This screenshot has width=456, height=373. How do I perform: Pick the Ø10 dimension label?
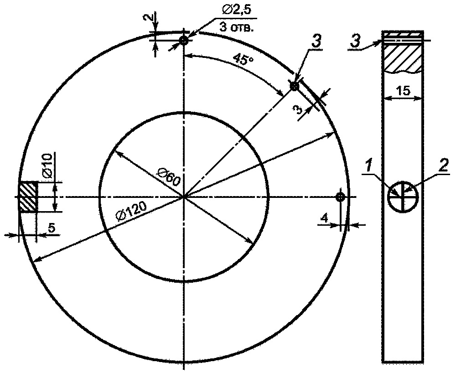(x=47, y=165)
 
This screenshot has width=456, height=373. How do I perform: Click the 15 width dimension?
(x=404, y=91)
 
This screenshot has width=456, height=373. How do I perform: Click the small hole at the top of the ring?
(x=184, y=41)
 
